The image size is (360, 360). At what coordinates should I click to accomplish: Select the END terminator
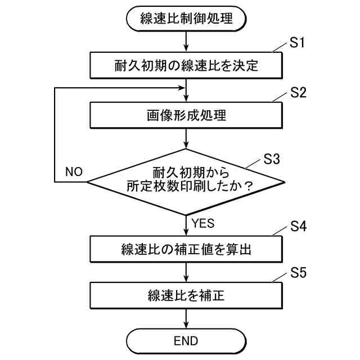tap(186, 341)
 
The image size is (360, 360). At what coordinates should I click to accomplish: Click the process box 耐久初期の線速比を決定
tap(186, 65)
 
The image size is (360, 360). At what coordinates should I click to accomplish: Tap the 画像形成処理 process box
tap(186, 116)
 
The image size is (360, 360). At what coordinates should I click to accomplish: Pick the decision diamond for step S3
tap(186, 181)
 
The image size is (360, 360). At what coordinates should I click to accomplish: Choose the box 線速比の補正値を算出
tap(186, 247)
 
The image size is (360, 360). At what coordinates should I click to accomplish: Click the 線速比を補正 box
tap(186, 295)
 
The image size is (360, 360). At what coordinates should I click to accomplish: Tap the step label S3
tap(272, 159)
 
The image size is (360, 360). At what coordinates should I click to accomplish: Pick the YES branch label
tap(203, 223)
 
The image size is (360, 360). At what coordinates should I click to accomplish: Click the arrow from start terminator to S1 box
tap(186, 41)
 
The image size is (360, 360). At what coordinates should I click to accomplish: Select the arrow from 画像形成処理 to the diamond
tap(186, 139)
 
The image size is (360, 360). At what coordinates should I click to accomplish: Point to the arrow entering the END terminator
tap(186, 319)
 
